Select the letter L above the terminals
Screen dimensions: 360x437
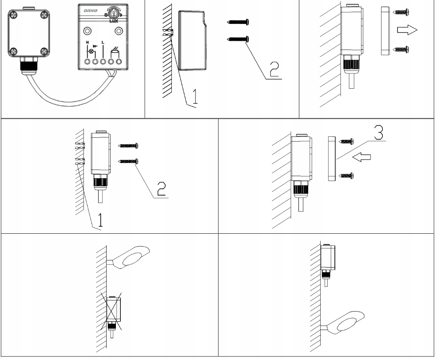[103, 43]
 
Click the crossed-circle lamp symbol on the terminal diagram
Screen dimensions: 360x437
[92, 52]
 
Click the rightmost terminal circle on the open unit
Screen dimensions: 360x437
[119, 62]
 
